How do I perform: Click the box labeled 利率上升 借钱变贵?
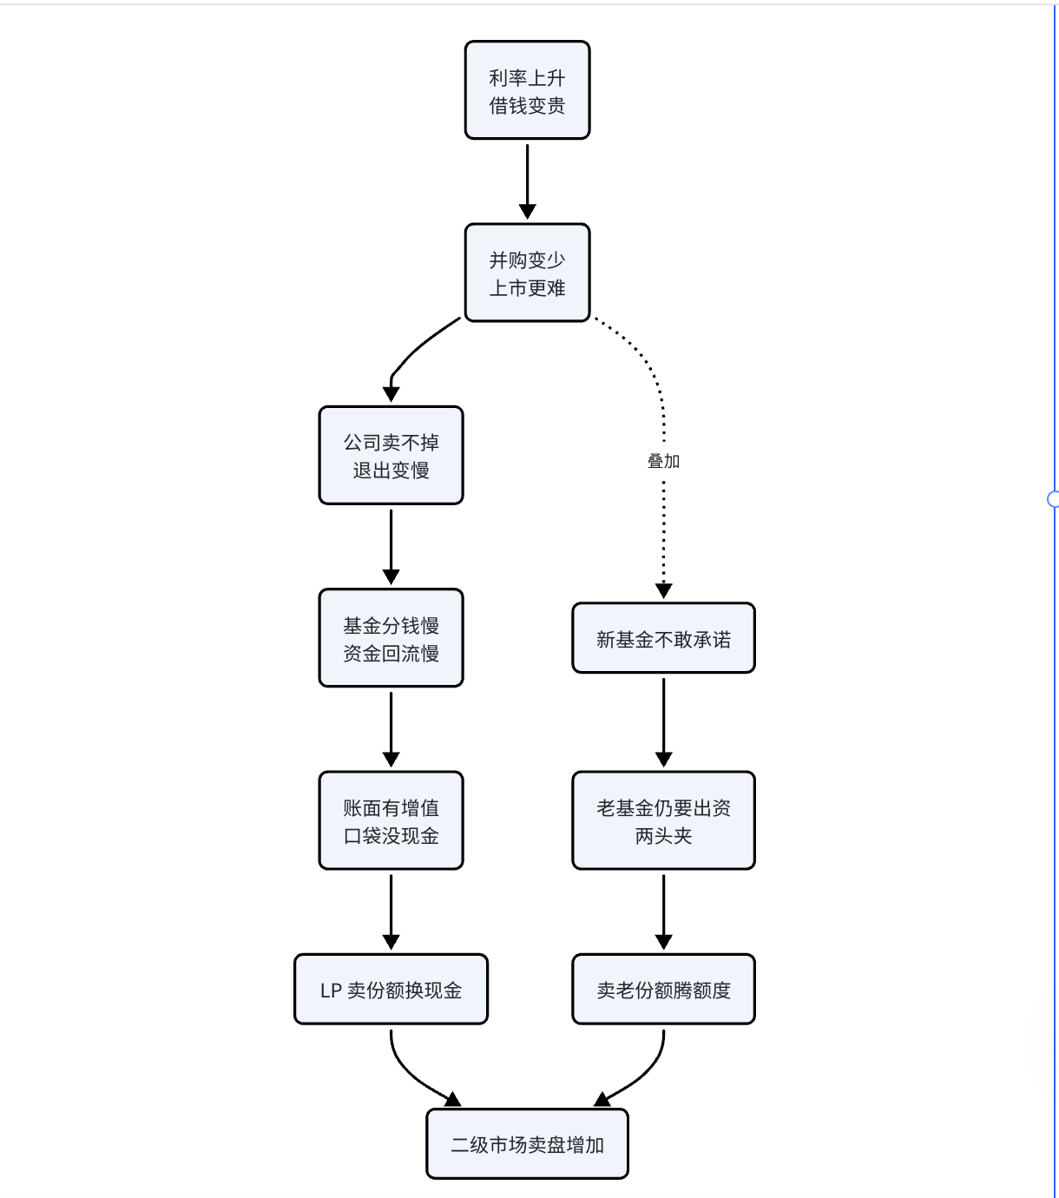[x=527, y=90]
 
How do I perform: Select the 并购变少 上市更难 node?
[x=527, y=273]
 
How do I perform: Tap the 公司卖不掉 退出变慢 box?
[x=391, y=455]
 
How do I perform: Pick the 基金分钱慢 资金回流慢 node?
[x=391, y=638]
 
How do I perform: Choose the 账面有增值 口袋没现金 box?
[x=391, y=820]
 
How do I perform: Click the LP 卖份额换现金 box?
[x=391, y=990]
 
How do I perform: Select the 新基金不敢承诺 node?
[x=663, y=638]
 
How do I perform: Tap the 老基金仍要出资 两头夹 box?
[x=663, y=820]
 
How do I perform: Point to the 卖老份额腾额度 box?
[x=663, y=990]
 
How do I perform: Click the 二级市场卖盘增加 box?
[x=527, y=1144]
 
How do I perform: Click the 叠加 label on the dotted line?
[x=663, y=461]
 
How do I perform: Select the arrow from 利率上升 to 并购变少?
[x=527, y=181]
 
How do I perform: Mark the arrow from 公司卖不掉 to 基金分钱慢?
[x=391, y=547]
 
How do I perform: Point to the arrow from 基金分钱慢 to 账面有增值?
[x=391, y=730]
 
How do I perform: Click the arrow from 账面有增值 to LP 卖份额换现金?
[x=391, y=912]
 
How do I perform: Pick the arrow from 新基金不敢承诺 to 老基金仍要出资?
[x=663, y=722]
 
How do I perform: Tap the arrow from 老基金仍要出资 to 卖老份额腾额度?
[x=663, y=912]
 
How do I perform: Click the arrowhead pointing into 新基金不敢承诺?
[x=663, y=590]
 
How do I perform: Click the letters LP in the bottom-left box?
[x=331, y=991]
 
